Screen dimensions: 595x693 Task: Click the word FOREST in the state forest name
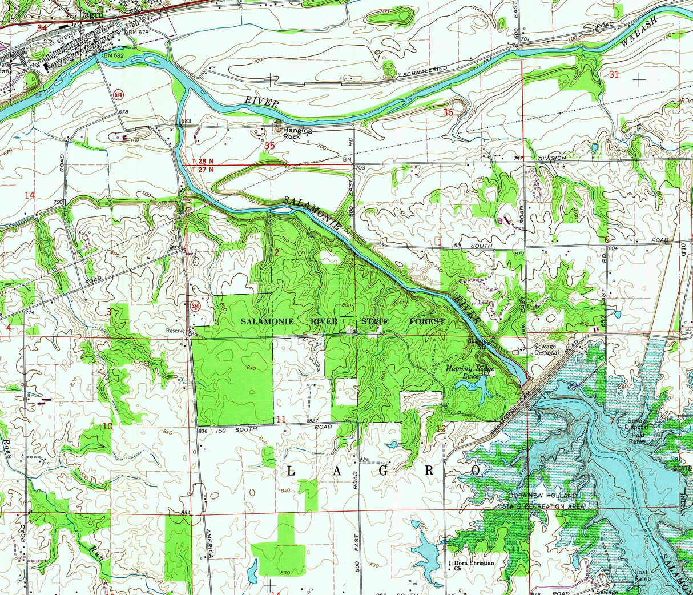(x=427, y=321)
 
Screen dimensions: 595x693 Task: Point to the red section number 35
(x=270, y=146)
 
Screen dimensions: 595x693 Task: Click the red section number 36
(x=448, y=112)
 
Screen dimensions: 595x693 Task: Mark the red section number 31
(x=614, y=74)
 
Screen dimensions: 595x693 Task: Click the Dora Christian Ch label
(x=473, y=565)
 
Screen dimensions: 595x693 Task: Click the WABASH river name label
(x=638, y=31)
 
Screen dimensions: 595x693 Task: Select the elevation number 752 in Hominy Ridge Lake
(x=472, y=387)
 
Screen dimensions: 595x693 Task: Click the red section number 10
(x=107, y=426)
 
